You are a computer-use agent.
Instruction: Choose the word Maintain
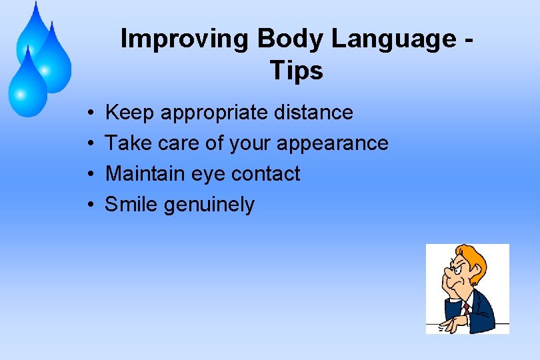[145, 174]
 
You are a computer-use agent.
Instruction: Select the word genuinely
[209, 205]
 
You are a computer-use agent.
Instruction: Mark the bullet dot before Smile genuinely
[89, 205]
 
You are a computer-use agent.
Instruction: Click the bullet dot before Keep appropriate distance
[89, 113]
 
